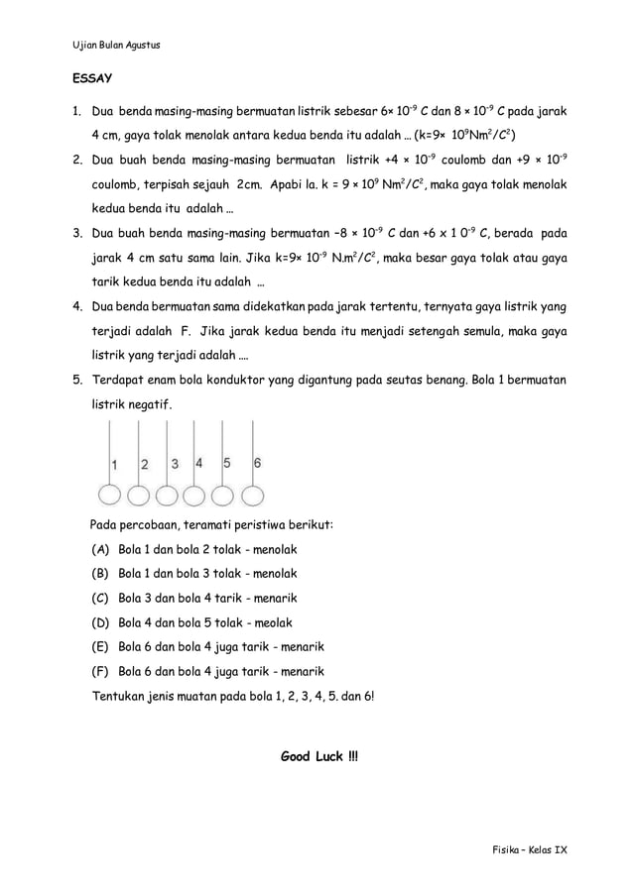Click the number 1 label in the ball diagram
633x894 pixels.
114,464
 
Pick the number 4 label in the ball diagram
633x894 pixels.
199,463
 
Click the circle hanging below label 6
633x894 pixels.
255,495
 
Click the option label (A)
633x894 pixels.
99,549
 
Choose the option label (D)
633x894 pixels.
99,622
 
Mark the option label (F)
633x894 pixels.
99,672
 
